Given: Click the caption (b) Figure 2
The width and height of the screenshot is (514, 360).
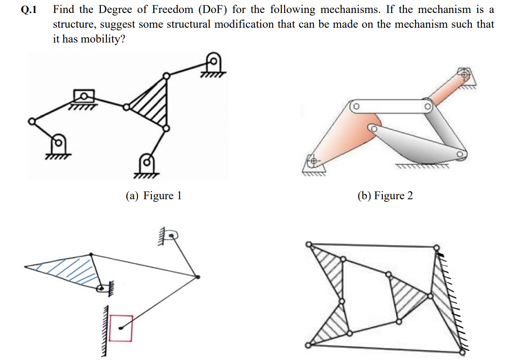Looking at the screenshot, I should (385, 195).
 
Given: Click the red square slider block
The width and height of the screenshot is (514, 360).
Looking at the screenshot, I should (121, 328).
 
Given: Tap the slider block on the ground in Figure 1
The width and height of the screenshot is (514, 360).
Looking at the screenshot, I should (84, 96).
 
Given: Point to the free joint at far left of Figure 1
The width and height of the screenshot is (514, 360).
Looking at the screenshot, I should (31, 121).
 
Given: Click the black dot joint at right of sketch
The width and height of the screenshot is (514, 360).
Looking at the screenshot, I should (198, 277).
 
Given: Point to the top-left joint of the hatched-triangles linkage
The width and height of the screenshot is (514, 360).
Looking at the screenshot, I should (308, 244).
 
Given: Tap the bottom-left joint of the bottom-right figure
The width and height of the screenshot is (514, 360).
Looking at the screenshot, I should (308, 345).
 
